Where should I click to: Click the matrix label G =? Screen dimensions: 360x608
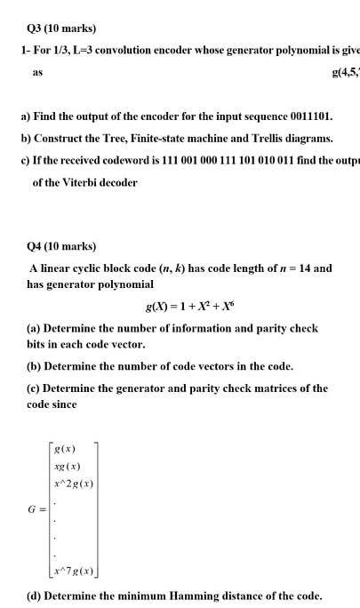click(36, 510)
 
